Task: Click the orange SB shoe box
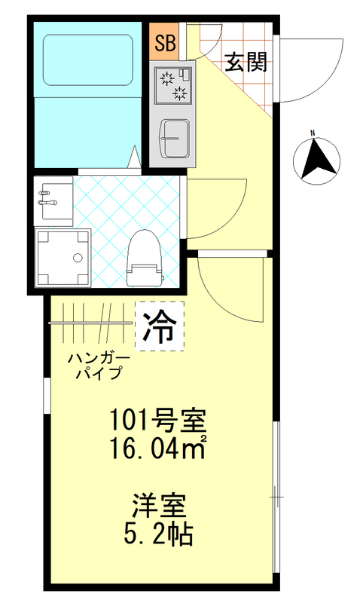pyautogui.click(x=162, y=43)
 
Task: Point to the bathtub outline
pyautogui.click(x=86, y=61)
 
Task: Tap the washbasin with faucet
pyautogui.click(x=53, y=200)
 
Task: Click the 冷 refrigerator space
pyautogui.click(x=160, y=325)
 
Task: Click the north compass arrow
pyautogui.click(x=316, y=160)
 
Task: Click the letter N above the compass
pyautogui.click(x=312, y=135)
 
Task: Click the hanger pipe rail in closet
pyautogui.click(x=90, y=323)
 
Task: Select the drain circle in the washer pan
pyautogui.click(x=77, y=259)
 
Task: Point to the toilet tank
pyautogui.click(x=144, y=274)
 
